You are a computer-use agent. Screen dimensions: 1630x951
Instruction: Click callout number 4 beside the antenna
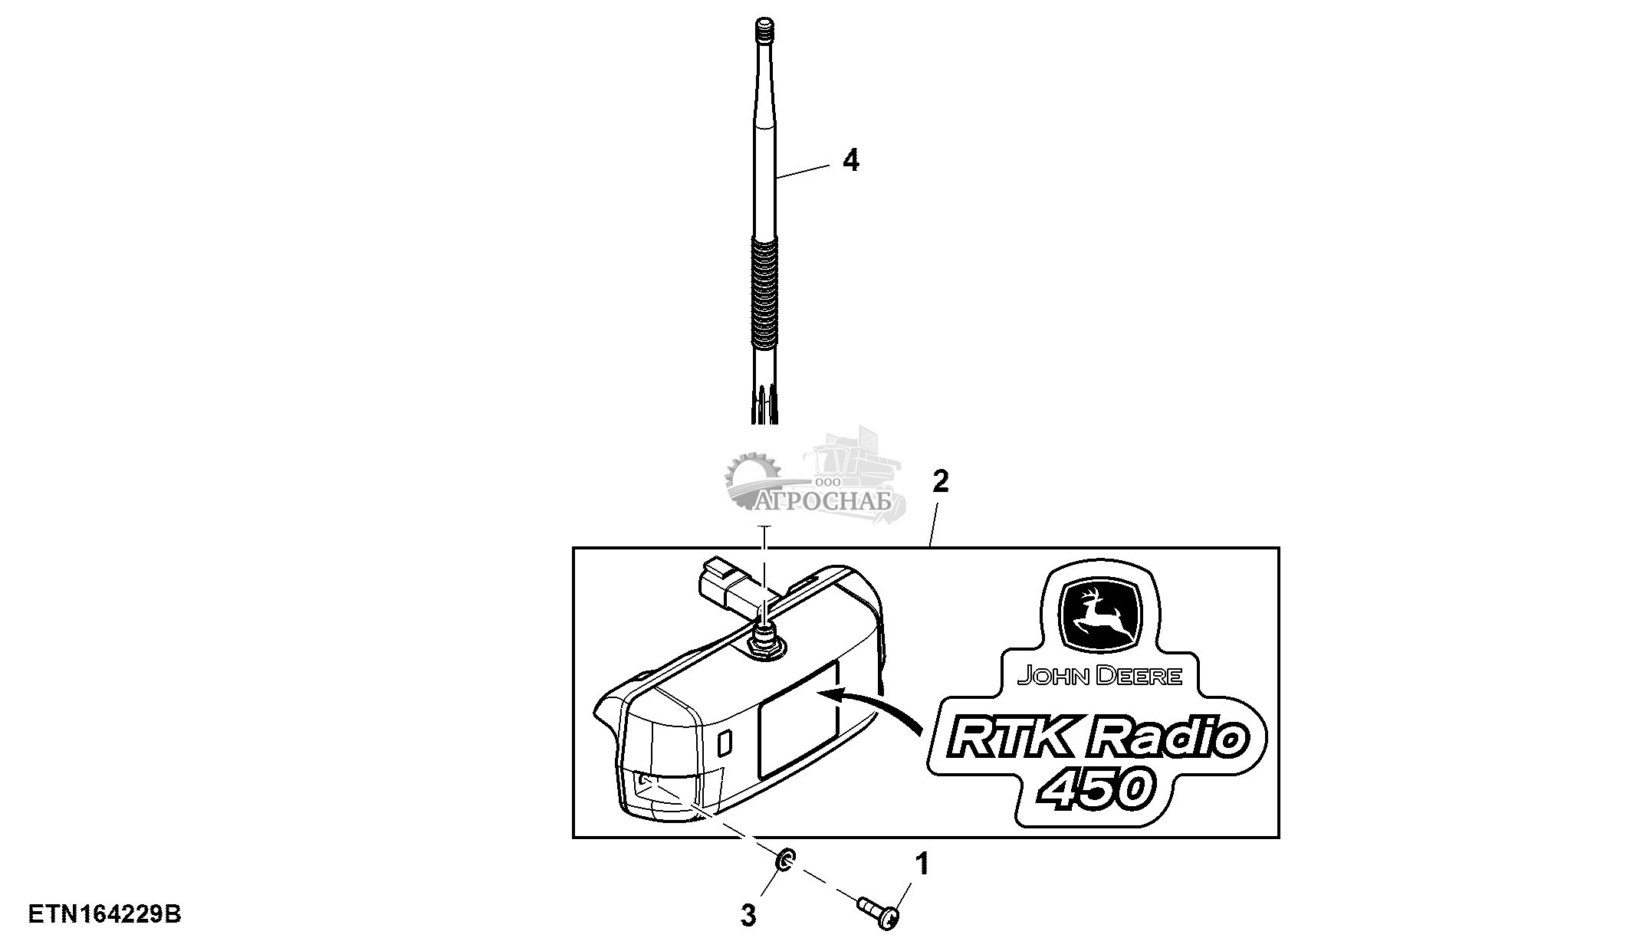pyautogui.click(x=850, y=161)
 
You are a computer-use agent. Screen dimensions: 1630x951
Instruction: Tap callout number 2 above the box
pyautogui.click(x=940, y=482)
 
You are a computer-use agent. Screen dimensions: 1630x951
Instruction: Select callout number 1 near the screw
pyautogui.click(x=923, y=864)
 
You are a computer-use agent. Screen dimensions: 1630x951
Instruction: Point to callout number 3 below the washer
pyautogui.click(x=748, y=915)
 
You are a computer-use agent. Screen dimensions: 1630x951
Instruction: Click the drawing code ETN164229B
pyautogui.click(x=104, y=915)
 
